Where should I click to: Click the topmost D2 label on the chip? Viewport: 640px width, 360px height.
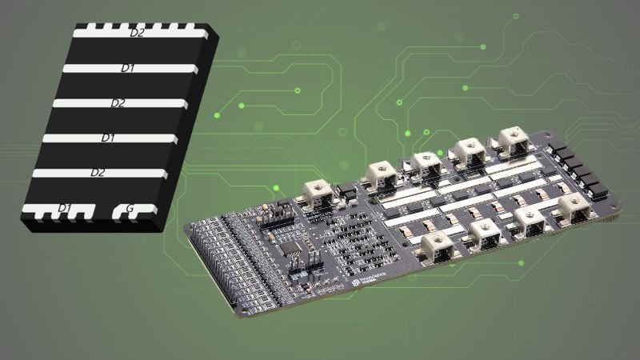[x=137, y=34]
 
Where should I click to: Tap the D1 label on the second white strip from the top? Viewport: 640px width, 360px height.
[x=127, y=69]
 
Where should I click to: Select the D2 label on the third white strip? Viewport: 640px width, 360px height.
[x=118, y=103]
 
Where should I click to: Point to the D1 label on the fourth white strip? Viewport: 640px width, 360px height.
[x=108, y=138]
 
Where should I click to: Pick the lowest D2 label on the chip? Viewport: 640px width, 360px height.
[x=98, y=173]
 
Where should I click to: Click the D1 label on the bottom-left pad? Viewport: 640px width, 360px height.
[x=64, y=209]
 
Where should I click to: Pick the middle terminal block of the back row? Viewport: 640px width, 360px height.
[x=426, y=162]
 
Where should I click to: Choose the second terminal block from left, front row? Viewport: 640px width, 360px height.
[x=485, y=234]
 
